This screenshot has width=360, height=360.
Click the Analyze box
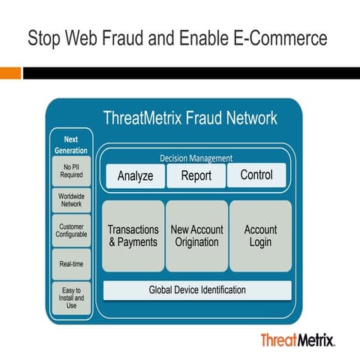[135, 175]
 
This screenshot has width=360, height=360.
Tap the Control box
[256, 175]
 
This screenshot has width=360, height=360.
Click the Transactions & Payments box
[133, 235]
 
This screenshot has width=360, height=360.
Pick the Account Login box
[260, 235]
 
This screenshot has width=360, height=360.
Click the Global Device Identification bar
[197, 289]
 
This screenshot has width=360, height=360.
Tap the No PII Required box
[72, 171]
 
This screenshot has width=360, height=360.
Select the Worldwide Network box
[72, 201]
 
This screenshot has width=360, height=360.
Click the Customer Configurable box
[72, 230]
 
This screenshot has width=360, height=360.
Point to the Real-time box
[72, 263]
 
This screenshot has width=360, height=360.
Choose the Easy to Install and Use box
[72, 297]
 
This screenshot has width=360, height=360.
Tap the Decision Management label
[196, 158]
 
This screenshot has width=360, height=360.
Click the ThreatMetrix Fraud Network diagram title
[190, 118]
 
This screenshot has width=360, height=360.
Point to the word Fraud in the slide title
[112, 39]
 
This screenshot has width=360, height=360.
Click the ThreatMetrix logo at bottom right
[297, 340]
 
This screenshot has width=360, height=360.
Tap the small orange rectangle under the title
[10, 73]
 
